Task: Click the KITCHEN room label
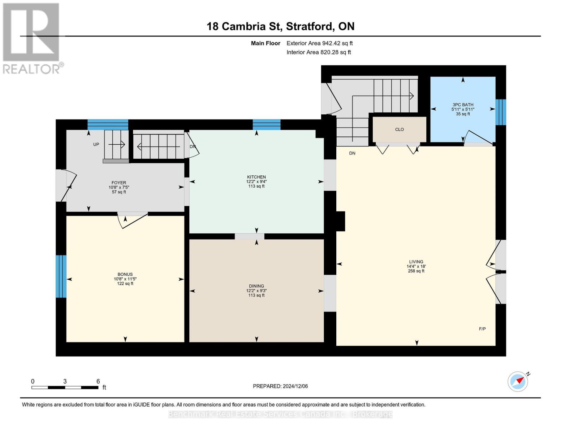coord(256,177)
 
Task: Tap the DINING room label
coord(256,286)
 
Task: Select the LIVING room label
coord(416,262)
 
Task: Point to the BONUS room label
coord(125,274)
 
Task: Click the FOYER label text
coord(118,183)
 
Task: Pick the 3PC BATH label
coord(462,105)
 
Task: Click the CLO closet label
coord(399,130)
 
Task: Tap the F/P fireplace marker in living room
coord(482,329)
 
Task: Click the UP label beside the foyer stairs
coord(96,144)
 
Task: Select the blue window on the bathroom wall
coord(500,112)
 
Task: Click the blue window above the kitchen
coord(267,124)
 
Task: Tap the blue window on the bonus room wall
coord(61,276)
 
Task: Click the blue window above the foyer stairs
coord(108,124)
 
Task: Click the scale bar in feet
coord(65,388)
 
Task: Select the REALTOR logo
coord(32,38)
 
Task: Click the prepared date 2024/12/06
coord(280,386)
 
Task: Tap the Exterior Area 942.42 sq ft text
coord(319,43)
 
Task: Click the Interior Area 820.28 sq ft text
coord(319,52)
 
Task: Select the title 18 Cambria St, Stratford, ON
coord(280,26)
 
